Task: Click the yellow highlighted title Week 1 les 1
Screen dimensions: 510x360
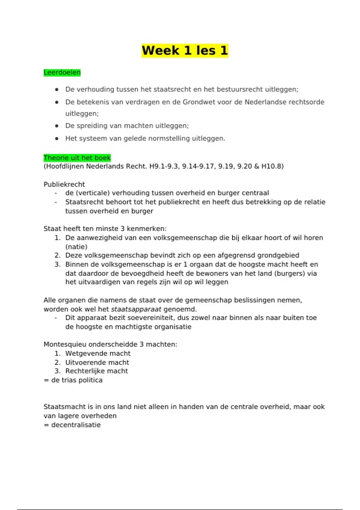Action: click(x=185, y=50)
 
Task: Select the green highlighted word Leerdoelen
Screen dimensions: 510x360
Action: click(x=62, y=73)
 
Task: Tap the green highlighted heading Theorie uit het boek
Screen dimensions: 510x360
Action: click(x=77, y=158)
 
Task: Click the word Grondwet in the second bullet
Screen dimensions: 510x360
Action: click(x=197, y=102)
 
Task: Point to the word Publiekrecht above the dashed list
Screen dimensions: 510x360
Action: click(x=64, y=184)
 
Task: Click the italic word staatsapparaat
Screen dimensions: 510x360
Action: click(x=136, y=309)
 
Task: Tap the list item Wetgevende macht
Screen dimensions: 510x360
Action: click(x=98, y=353)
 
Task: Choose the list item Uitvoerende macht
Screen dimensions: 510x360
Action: click(x=97, y=362)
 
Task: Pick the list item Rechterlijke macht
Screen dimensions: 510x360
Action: click(x=97, y=371)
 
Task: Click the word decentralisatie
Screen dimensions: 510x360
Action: click(x=76, y=425)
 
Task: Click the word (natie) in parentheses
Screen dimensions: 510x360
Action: click(x=76, y=247)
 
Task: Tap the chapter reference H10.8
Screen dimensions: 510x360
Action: click(x=271, y=166)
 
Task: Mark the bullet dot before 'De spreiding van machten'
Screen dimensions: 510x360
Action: click(x=57, y=126)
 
